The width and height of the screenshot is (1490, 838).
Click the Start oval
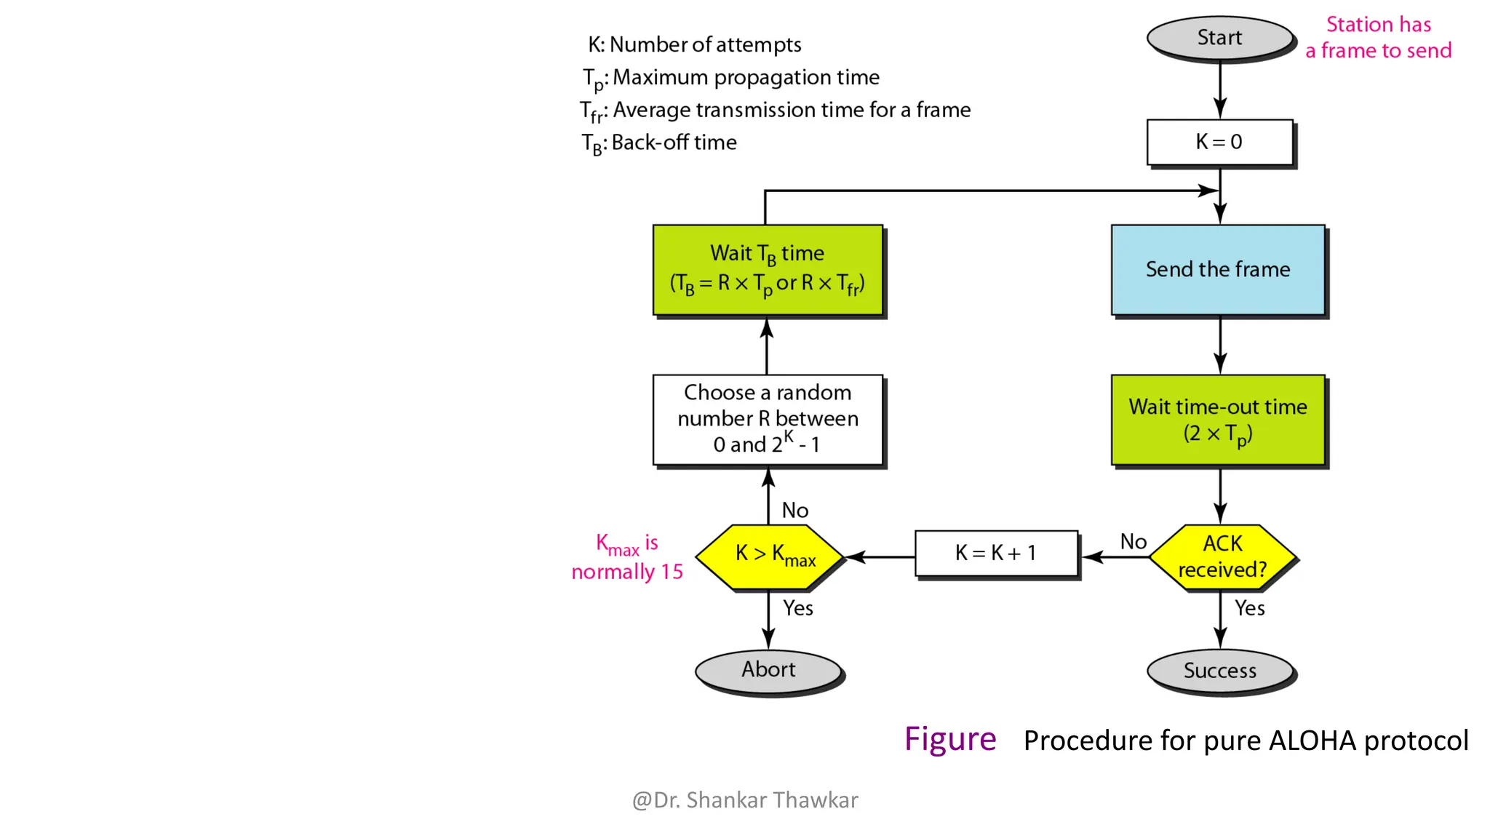click(x=1219, y=38)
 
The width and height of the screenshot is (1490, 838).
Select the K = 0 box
click(x=1219, y=142)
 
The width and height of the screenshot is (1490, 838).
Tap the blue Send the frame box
click(x=1218, y=270)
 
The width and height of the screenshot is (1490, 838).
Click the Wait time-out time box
click(x=1218, y=420)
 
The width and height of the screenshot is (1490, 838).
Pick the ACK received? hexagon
click(x=1222, y=557)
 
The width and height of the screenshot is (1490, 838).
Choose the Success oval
click(x=1219, y=671)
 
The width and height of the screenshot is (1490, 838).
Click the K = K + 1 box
click(x=995, y=554)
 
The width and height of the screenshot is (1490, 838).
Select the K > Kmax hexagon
click(x=769, y=556)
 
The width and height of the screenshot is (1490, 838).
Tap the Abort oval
click(x=768, y=670)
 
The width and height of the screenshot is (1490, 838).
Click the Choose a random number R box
click(x=768, y=419)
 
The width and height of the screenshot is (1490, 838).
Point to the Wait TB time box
click(x=768, y=270)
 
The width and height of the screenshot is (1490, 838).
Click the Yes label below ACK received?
click(x=1249, y=608)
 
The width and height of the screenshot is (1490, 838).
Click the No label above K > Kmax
click(x=794, y=511)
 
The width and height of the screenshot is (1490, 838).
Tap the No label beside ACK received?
click(x=1133, y=542)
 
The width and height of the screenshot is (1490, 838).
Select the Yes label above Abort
click(x=797, y=608)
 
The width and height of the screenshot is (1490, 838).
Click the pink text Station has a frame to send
click(x=1378, y=38)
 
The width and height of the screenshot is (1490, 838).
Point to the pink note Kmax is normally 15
click(x=627, y=557)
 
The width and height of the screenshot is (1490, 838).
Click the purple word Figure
click(x=949, y=740)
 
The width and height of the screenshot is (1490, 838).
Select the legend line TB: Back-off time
click(x=659, y=143)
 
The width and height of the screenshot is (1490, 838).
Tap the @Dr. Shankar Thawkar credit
click(x=745, y=800)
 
